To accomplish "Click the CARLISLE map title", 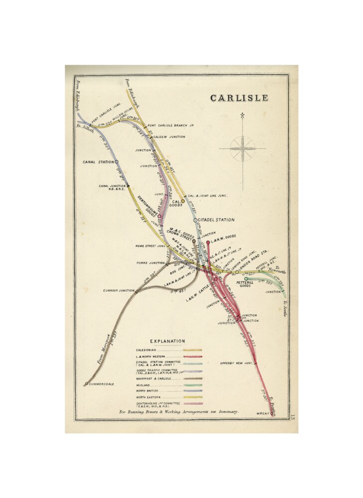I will click(x=239, y=98).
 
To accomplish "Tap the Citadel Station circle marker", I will click(x=195, y=220).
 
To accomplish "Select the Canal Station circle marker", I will click(x=117, y=162).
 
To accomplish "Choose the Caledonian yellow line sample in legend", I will click(x=193, y=350).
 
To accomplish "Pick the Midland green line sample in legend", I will click(x=193, y=385).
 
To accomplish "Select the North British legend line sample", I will click(x=193, y=391).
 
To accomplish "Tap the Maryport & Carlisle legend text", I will click(x=154, y=378).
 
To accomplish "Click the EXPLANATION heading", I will click(x=167, y=341).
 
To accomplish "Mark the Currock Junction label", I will click(x=119, y=290).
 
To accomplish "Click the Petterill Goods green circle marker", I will click(x=246, y=279).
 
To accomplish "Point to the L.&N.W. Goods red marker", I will click(x=208, y=243).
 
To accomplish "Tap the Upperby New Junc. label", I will click(x=237, y=363).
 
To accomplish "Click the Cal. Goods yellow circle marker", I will click(x=183, y=201).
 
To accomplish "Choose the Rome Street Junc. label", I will click(x=150, y=246).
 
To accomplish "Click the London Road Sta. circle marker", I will click(x=237, y=272).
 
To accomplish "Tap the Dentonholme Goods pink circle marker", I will click(x=159, y=216).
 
